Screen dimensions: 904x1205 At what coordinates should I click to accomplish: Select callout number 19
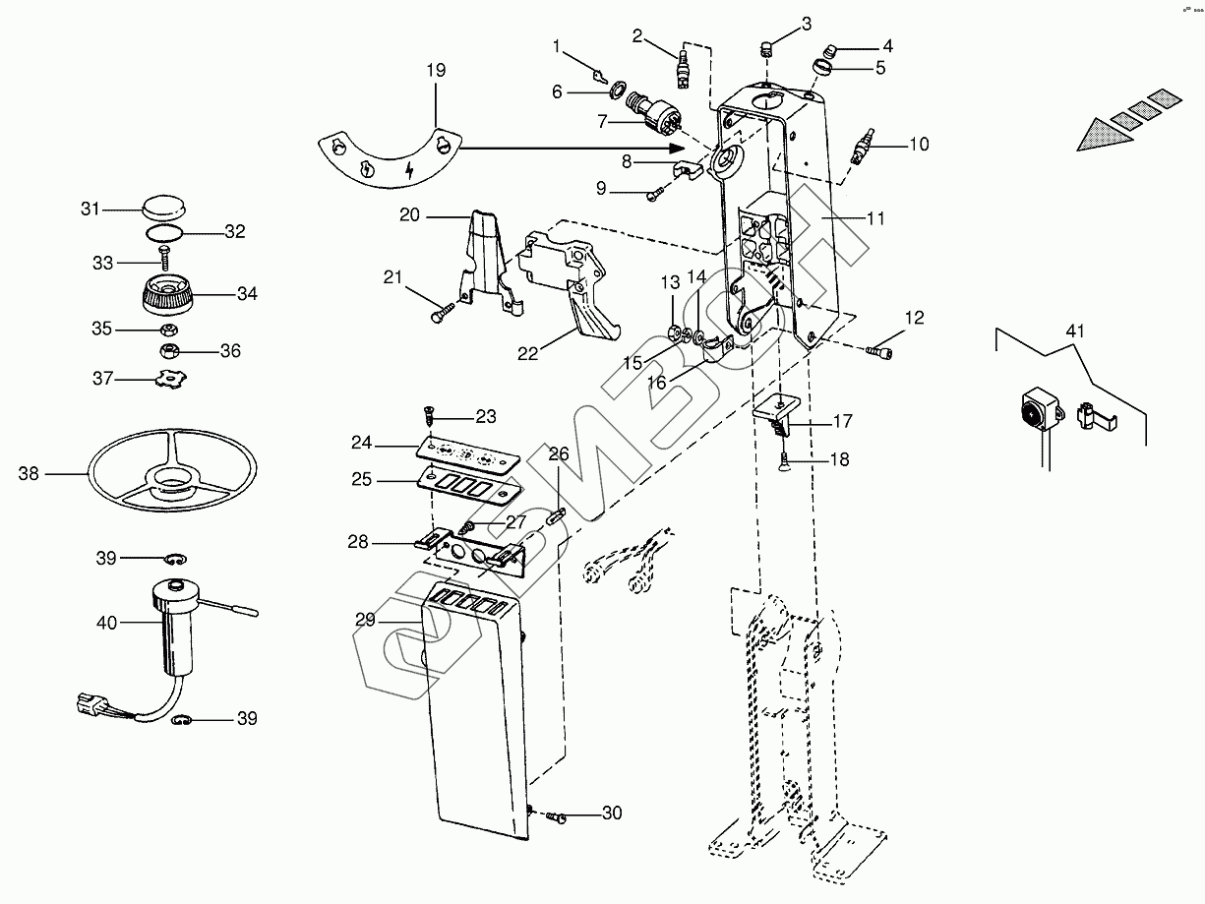[436, 70]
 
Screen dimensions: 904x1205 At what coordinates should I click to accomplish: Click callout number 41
[1075, 331]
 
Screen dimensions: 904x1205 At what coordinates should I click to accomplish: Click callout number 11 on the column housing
[875, 219]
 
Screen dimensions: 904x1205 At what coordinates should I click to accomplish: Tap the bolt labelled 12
[882, 349]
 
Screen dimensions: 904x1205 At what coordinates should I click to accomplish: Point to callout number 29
[365, 620]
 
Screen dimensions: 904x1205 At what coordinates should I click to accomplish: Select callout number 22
[528, 351]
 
